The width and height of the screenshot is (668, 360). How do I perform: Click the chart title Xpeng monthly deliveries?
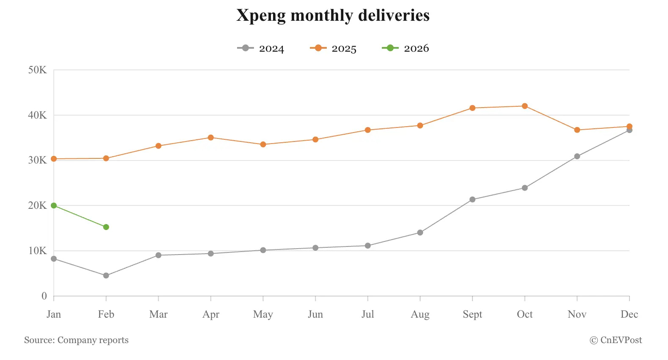333,16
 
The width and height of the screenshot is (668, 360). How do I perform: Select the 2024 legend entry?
261,48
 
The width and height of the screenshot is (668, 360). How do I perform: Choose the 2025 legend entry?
334,48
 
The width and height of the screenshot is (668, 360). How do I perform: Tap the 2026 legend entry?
406,48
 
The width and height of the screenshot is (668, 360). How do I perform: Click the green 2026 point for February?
106,227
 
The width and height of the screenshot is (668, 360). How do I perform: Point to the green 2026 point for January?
54,205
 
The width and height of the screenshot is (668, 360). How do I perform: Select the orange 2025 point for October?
525,106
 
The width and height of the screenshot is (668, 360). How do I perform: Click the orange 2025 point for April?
211,138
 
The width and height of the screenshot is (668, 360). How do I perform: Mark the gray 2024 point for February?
106,276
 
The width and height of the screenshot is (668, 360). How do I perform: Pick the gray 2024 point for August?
420,233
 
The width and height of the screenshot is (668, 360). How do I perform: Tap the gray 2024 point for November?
577,156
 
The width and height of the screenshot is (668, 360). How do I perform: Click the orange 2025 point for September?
472,108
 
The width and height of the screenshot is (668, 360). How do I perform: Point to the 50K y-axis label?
37,70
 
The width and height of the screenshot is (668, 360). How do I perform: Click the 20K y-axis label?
37,205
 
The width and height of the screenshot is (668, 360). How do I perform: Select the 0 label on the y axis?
44,296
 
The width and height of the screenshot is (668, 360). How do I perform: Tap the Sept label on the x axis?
472,314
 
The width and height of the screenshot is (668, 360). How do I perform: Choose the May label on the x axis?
263,314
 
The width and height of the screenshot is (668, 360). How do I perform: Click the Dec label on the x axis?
629,314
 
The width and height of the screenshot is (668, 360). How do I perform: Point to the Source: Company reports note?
76,340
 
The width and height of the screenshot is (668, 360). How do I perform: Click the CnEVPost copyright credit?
616,340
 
